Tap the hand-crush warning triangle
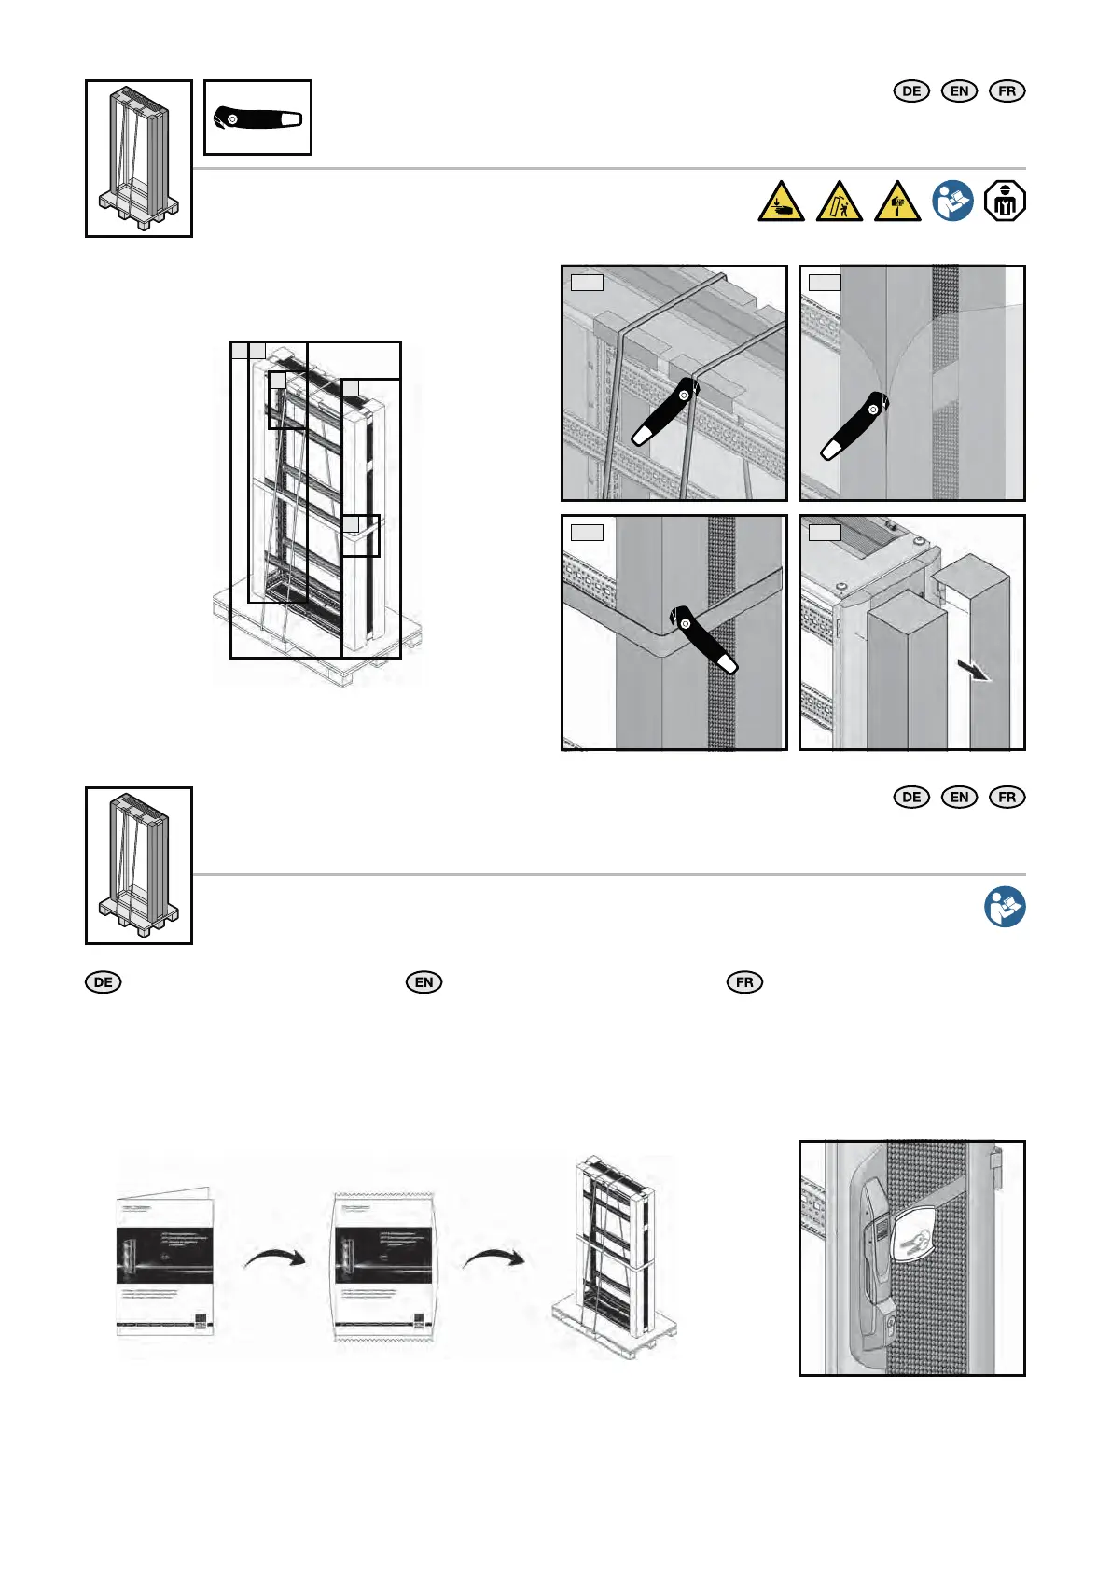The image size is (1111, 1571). [x=781, y=202]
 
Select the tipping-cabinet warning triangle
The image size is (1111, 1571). [x=839, y=202]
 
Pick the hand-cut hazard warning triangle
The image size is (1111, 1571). [x=896, y=202]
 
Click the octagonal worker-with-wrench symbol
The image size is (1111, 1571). [x=1005, y=201]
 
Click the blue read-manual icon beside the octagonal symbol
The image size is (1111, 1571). [x=952, y=201]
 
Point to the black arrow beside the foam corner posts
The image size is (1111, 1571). [x=979, y=673]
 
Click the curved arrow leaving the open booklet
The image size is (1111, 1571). [x=274, y=1257]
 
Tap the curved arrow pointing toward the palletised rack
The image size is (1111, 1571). [x=493, y=1257]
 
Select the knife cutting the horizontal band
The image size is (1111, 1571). [x=702, y=642]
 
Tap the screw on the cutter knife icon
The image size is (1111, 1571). [x=232, y=119]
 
